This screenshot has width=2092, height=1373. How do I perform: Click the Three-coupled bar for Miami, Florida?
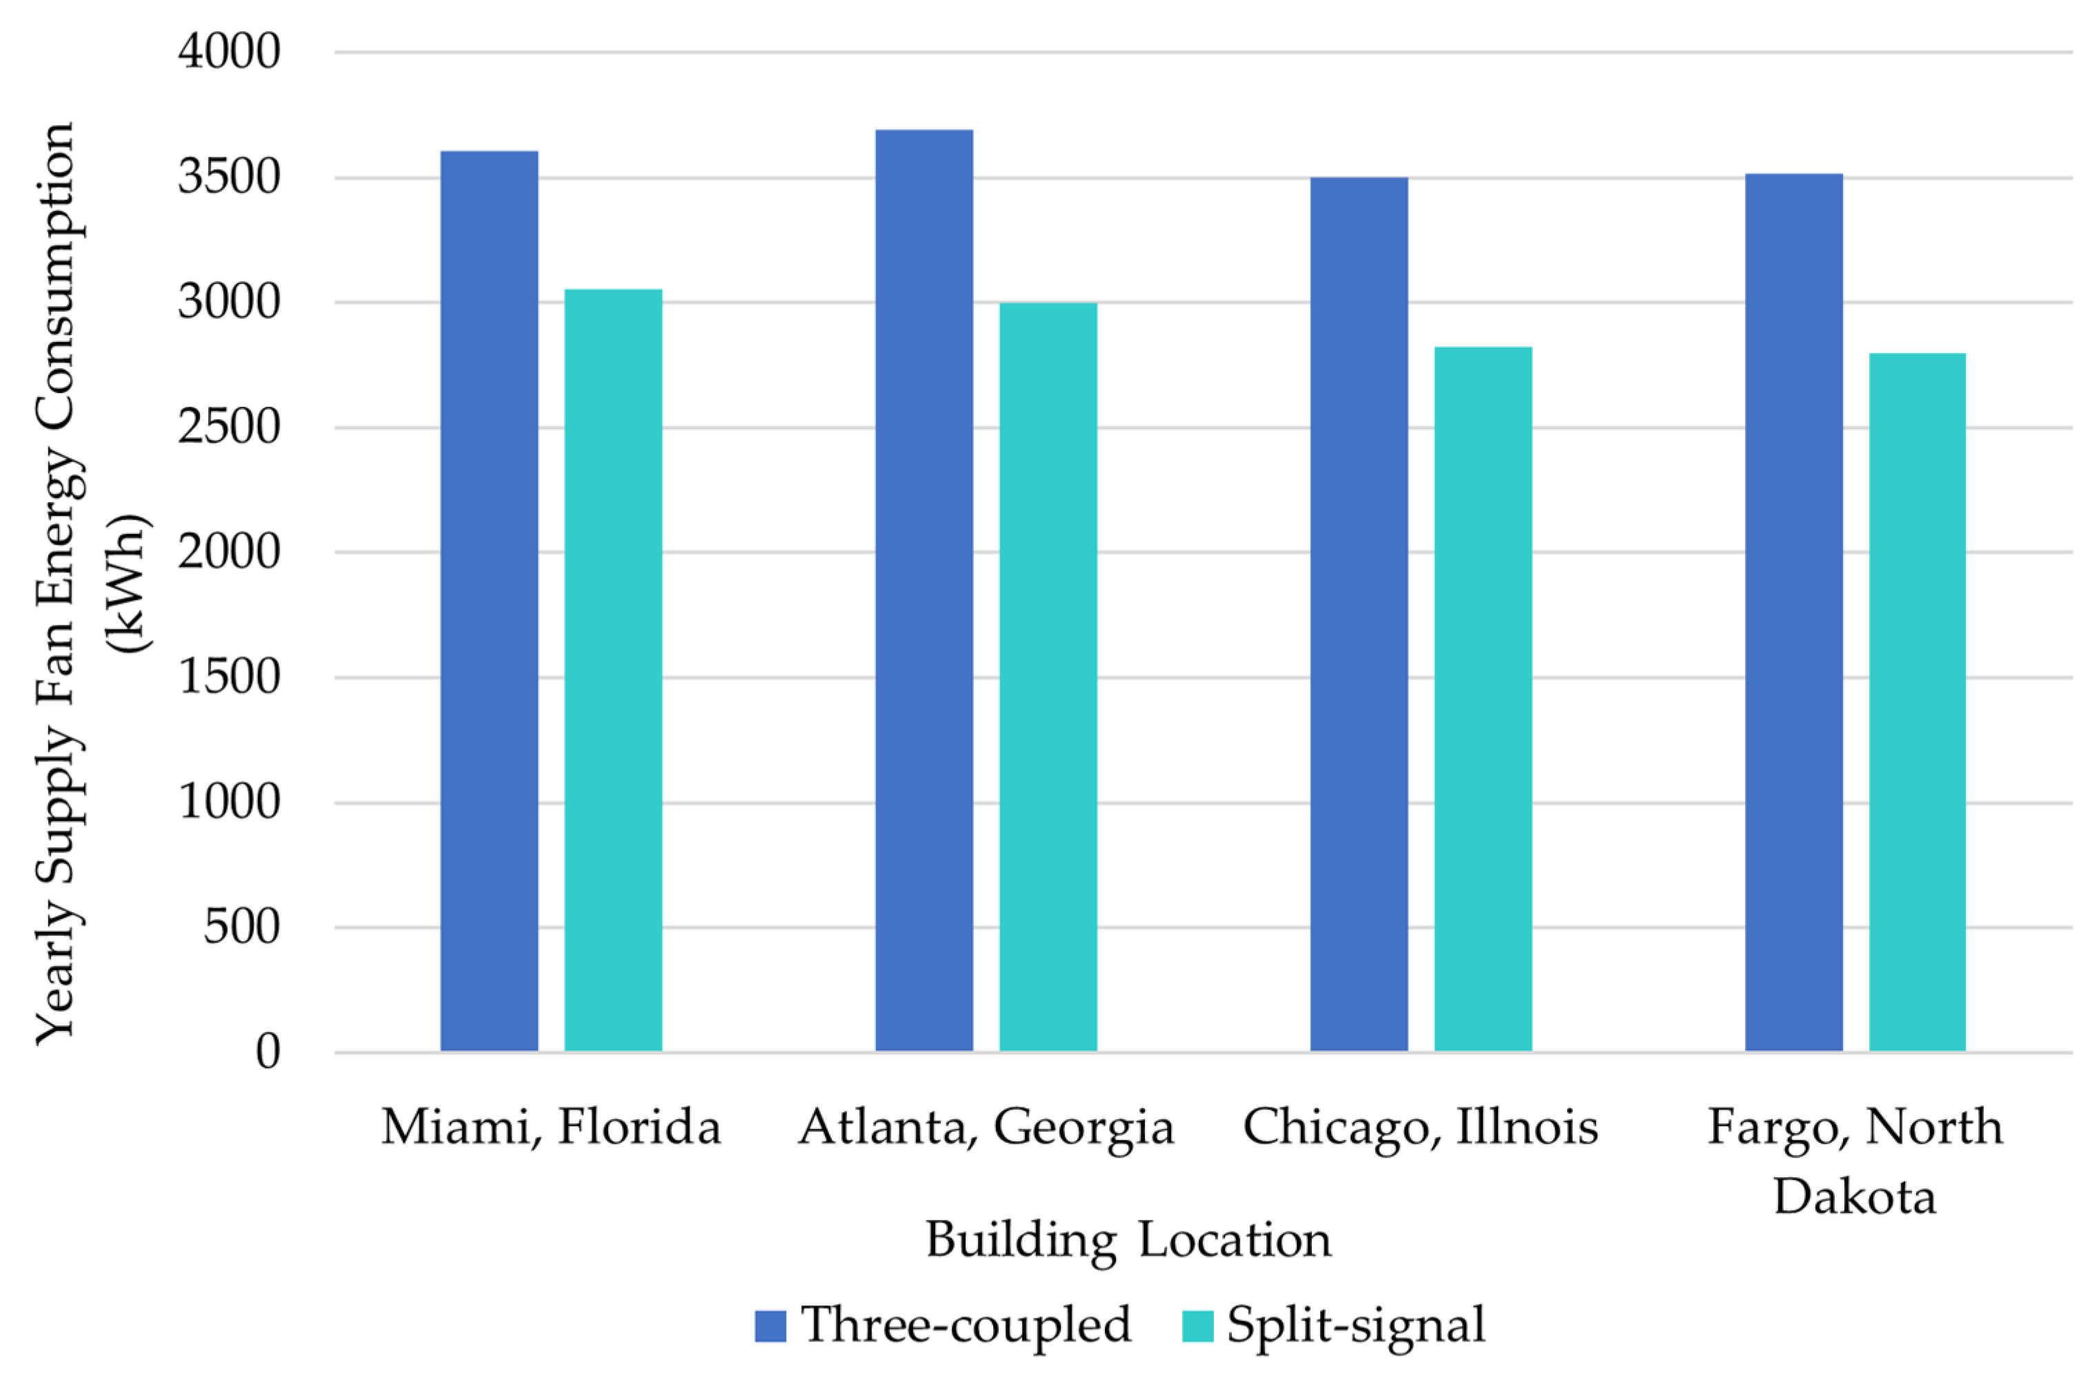coord(489,601)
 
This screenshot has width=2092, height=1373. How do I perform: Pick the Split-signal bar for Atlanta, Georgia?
coord(1048,677)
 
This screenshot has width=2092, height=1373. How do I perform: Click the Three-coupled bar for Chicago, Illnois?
coord(1359,614)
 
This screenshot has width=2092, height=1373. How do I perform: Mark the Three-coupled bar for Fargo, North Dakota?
coord(1793,612)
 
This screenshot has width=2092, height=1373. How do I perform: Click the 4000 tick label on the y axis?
coord(228,52)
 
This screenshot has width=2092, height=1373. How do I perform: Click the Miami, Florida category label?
coord(550,1127)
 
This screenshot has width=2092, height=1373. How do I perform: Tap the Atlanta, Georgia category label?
coord(986,1127)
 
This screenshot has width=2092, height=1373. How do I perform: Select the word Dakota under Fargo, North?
coord(1855,1197)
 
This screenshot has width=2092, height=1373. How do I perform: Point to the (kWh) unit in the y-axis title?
coord(128,583)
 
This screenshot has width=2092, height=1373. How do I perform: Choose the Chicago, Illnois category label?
coord(1419,1127)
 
